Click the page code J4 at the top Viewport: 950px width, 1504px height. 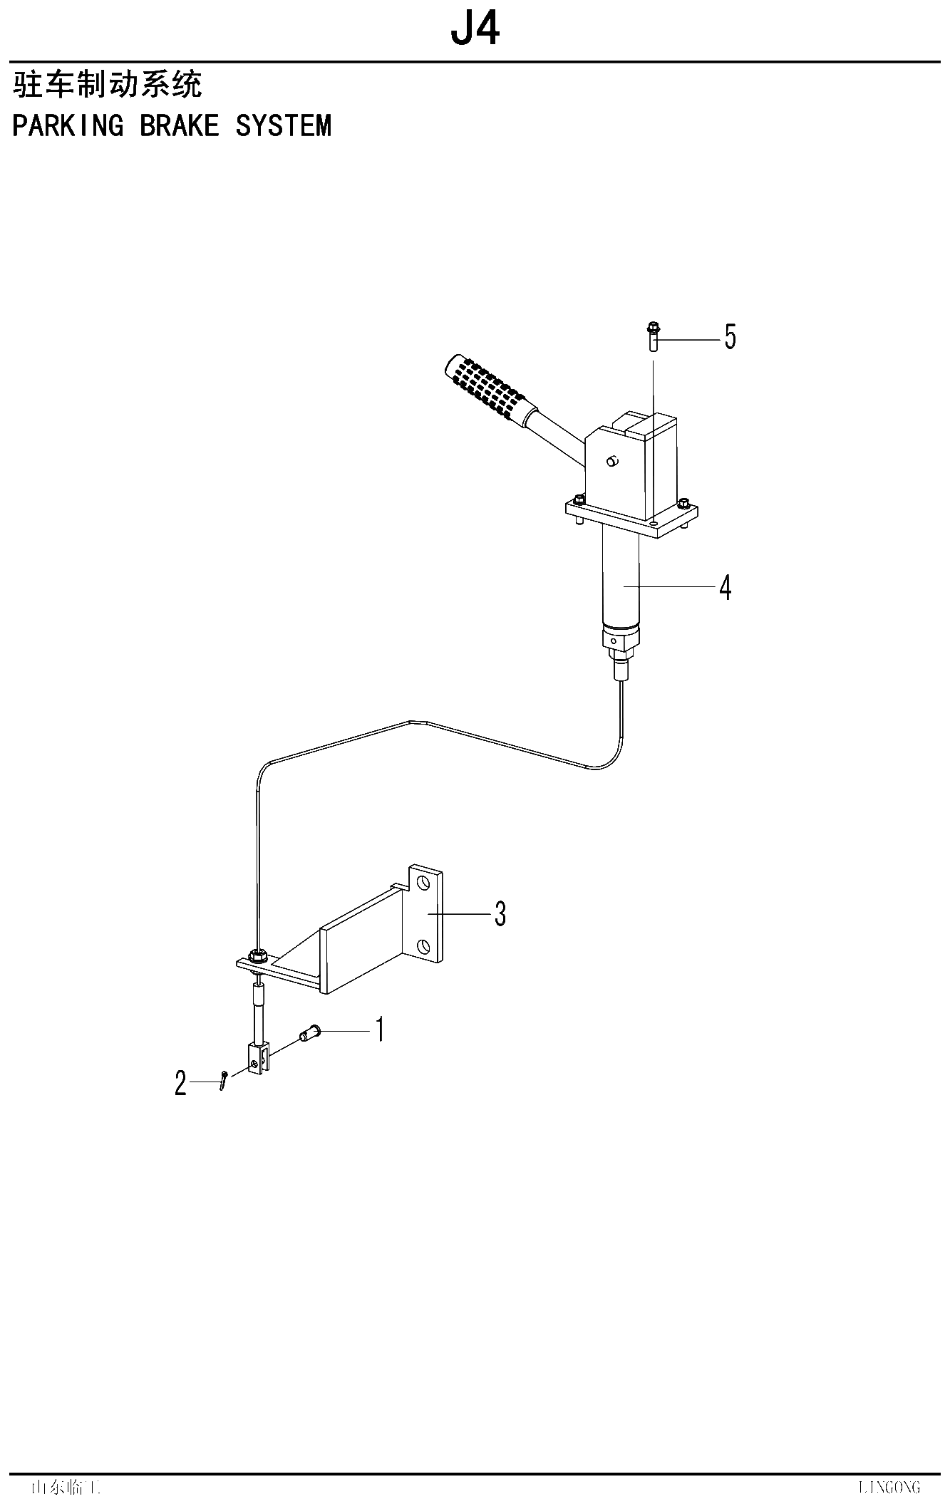coord(475,29)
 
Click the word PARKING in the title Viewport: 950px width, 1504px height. coord(68,125)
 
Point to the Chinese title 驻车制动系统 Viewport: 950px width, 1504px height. coord(108,85)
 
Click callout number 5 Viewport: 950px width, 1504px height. coord(730,336)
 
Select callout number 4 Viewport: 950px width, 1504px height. coord(725,588)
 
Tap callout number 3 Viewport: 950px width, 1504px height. coord(500,913)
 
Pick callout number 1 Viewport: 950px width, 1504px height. coord(380,1030)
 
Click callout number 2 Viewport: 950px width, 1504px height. coord(181,1084)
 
